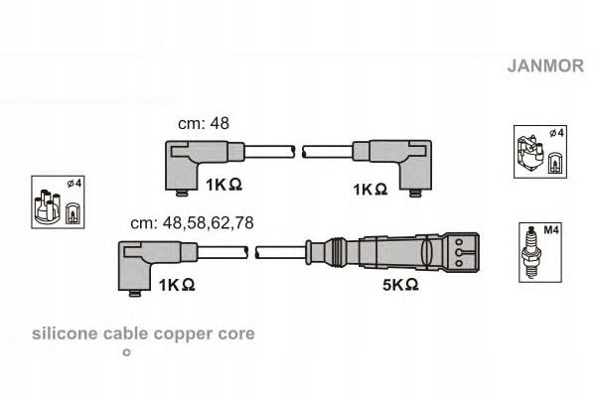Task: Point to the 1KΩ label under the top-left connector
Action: point(224,185)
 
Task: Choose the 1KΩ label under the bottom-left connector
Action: point(176,285)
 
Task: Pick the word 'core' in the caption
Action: point(235,334)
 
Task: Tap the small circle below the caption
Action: point(125,352)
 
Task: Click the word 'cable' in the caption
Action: point(126,334)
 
